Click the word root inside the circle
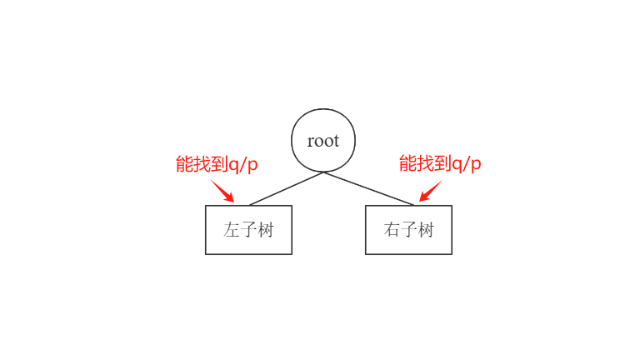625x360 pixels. pos(322,141)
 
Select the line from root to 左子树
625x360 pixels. pos(286,188)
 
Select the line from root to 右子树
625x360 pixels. pos(368,188)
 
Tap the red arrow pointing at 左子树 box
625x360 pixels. pos(222,191)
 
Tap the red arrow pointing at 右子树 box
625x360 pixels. pos(431,191)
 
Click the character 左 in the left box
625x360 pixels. pos(232,230)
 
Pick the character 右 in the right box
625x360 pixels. pos(392,230)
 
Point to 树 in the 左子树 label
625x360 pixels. pos(266,230)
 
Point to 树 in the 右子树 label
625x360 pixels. pos(426,230)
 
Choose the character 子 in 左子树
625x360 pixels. pos(248,230)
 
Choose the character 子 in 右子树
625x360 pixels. pos(408,230)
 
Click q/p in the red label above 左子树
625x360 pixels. pos(243,165)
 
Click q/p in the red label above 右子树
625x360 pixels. pos(467,165)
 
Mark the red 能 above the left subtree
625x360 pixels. pos(184,164)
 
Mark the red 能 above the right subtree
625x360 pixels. pos(407,164)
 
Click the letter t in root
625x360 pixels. pos(337,141)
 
